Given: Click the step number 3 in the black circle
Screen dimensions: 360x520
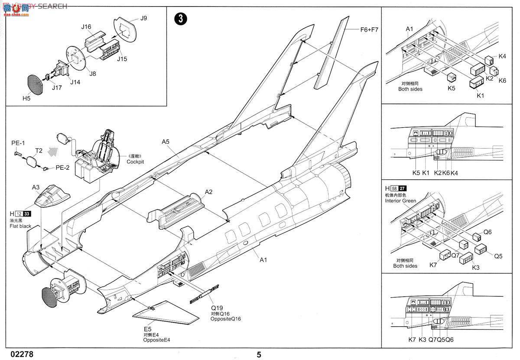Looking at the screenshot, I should [181, 19].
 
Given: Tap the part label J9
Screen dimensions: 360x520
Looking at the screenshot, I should [144, 18].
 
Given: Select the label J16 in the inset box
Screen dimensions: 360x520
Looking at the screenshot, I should [86, 27].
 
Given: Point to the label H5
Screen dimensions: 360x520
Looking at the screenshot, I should [26, 98].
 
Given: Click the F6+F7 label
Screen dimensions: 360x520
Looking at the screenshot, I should [369, 29].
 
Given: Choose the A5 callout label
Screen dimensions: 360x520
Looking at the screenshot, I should [166, 142].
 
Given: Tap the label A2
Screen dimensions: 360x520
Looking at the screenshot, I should [209, 192].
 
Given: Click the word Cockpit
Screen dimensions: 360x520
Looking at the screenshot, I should [135, 162].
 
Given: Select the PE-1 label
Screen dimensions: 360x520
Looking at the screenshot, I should [18, 143].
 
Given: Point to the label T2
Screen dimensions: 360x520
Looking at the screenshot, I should [39, 150].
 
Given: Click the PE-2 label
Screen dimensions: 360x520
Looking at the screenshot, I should [62, 168].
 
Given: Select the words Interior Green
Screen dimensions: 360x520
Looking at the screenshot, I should [400, 201].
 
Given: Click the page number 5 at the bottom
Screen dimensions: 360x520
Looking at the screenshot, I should [259, 354].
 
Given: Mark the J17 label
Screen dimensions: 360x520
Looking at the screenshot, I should [56, 88].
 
